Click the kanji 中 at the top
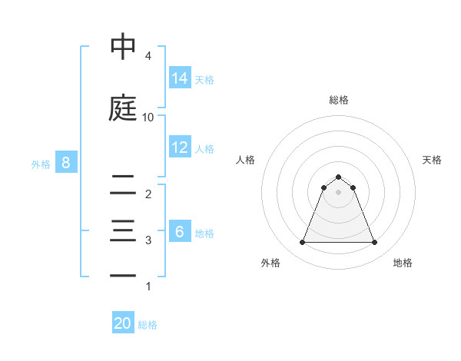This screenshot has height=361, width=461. pyautogui.click(x=123, y=47)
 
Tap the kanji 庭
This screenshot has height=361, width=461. pyautogui.click(x=123, y=108)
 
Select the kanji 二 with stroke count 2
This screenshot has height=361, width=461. pyautogui.click(x=123, y=184)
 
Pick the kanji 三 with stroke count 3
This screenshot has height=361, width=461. pyautogui.click(x=123, y=231)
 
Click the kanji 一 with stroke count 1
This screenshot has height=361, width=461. pyautogui.click(x=123, y=276)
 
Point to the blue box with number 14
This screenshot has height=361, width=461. pyautogui.click(x=180, y=78)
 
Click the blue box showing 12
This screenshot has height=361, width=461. pyautogui.click(x=180, y=147)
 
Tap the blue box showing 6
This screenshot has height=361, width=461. pyautogui.click(x=180, y=232)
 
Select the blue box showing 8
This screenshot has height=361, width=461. pyautogui.click(x=66, y=163)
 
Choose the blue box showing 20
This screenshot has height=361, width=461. pyautogui.click(x=123, y=323)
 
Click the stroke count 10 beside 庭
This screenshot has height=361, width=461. pyautogui.click(x=148, y=118)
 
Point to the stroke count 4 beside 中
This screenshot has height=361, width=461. pyautogui.click(x=148, y=57)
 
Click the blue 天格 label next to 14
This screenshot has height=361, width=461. pyautogui.click(x=204, y=79)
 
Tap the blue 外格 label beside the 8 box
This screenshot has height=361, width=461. pyautogui.click(x=40, y=164)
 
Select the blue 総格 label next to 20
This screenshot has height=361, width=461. pyautogui.click(x=148, y=324)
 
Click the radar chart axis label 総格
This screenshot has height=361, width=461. pyautogui.click(x=338, y=100)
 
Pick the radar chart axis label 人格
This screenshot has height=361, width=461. pyautogui.click(x=246, y=160)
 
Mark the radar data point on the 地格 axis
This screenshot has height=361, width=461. pyautogui.click(x=374, y=243)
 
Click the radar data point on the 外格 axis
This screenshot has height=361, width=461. pyautogui.click(x=302, y=243)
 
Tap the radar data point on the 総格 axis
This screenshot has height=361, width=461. pyautogui.click(x=338, y=176)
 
